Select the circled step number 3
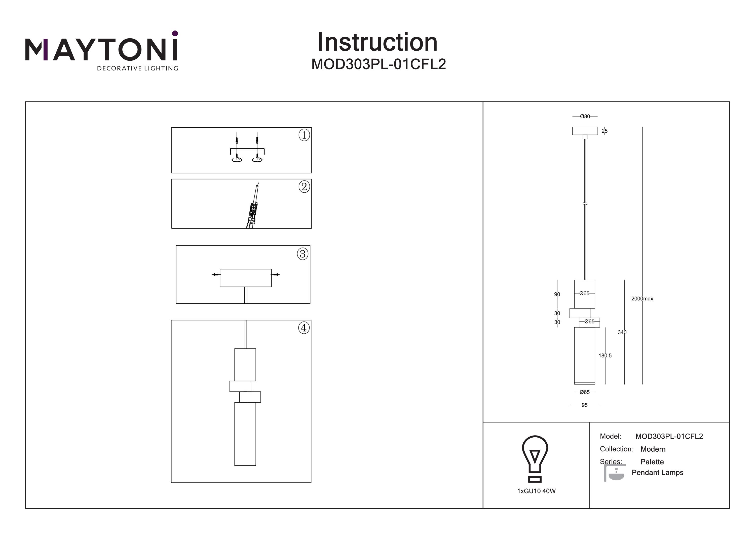[303, 254]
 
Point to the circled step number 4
[304, 328]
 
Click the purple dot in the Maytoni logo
[175, 33]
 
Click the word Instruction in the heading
[377, 43]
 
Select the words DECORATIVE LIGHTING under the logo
[137, 68]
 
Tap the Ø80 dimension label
[585, 117]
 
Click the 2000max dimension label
[642, 299]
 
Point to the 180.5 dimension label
[605, 356]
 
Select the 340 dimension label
[622, 332]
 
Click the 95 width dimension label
[584, 405]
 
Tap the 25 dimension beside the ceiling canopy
[605, 131]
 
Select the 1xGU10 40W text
[536, 491]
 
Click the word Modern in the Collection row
[653, 449]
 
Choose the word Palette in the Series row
[652, 462]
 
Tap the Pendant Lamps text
[657, 473]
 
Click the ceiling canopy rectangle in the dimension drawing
[585, 131]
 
